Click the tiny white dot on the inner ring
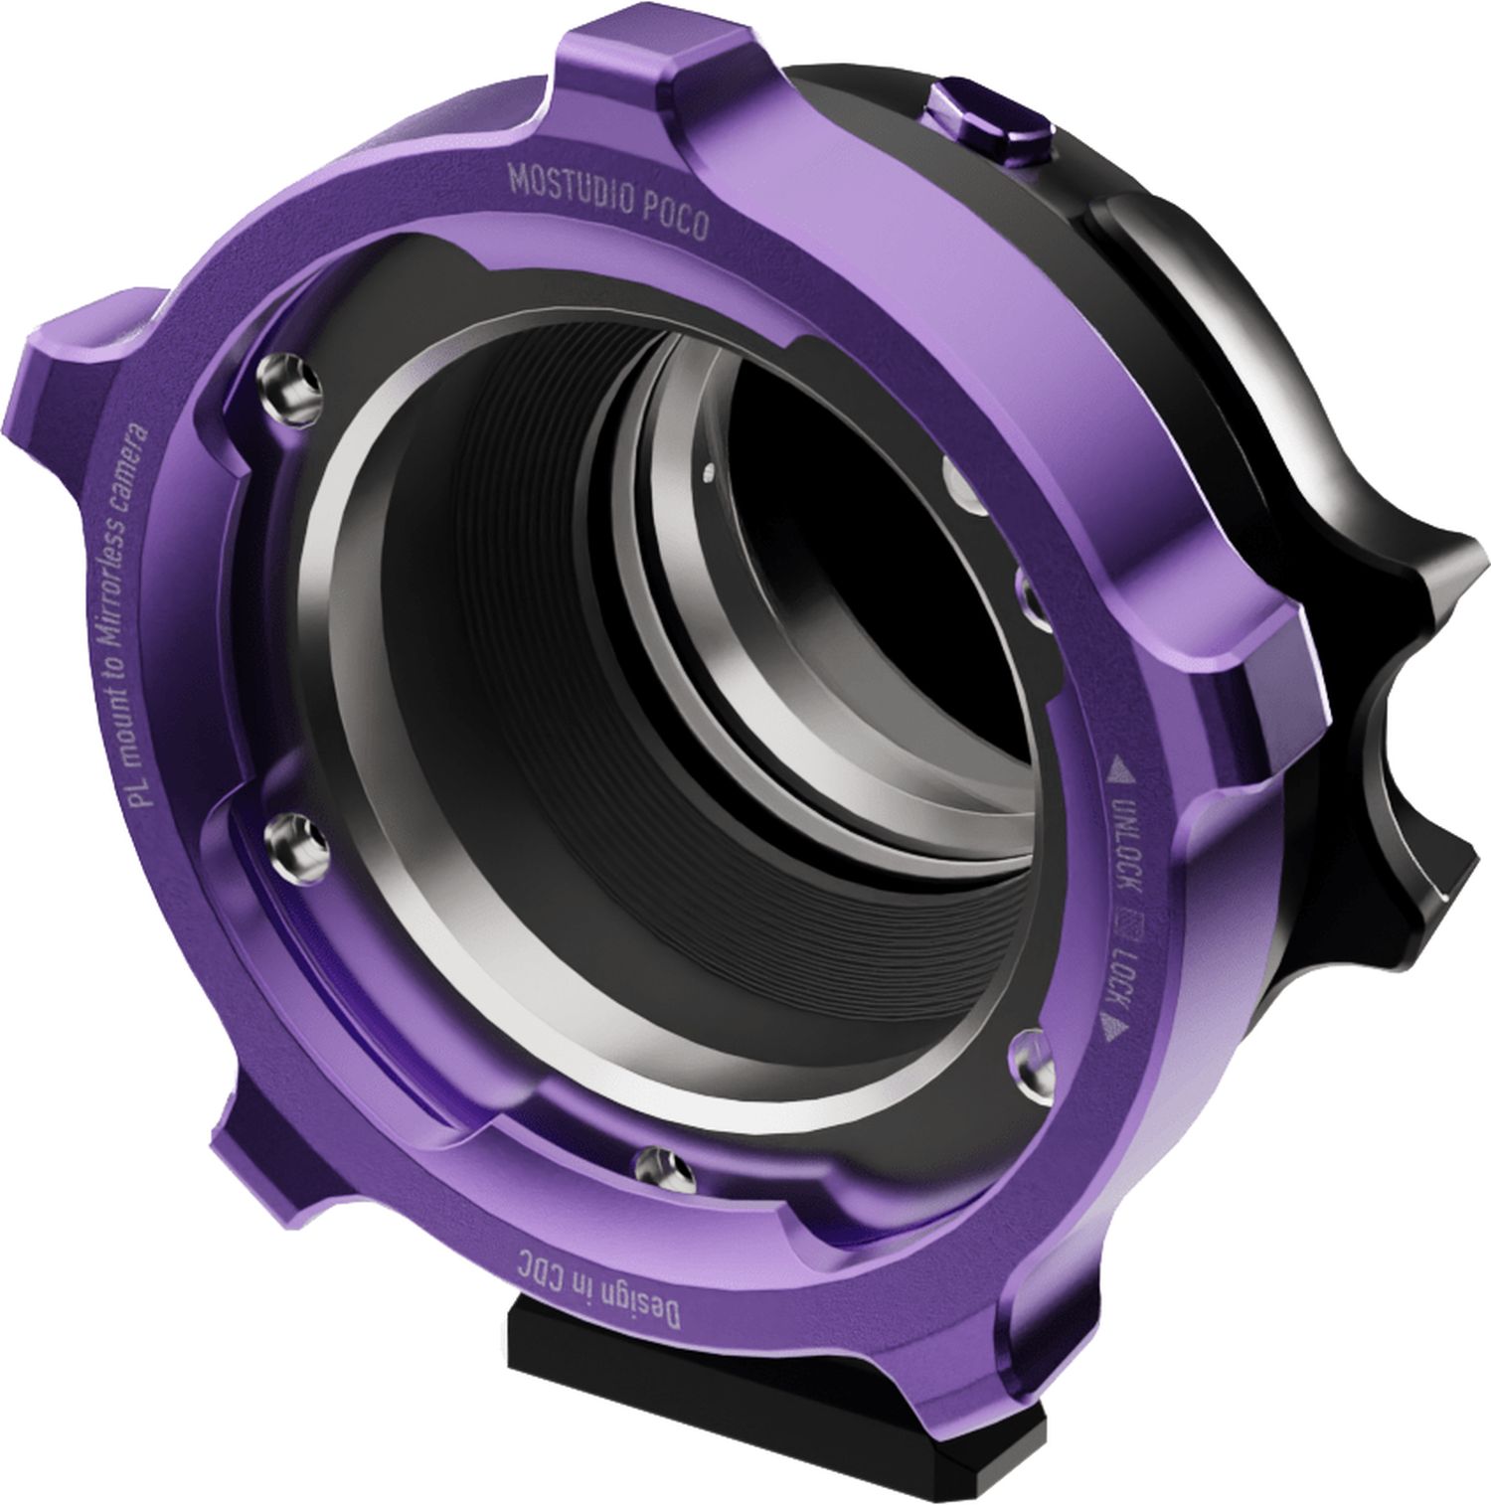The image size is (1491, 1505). coord(707,465)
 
